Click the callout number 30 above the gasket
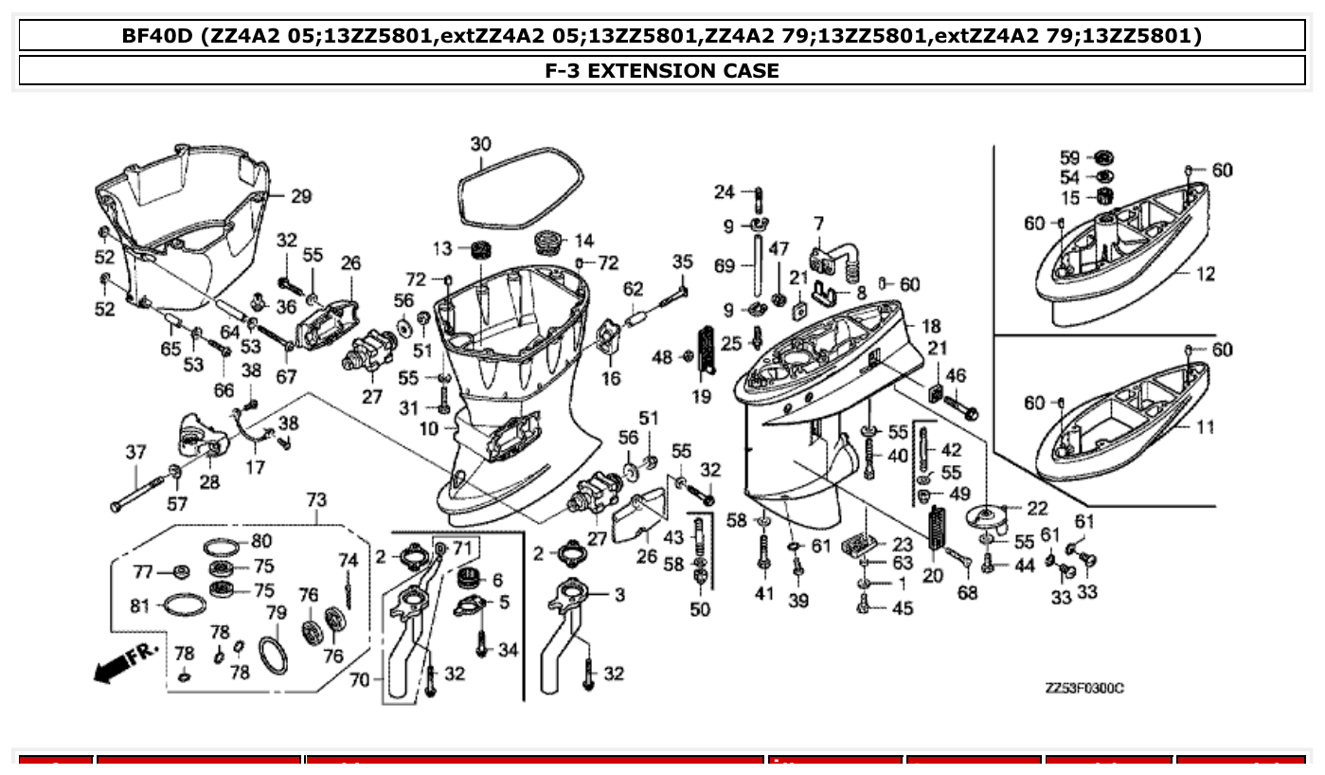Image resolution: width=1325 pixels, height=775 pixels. (481, 144)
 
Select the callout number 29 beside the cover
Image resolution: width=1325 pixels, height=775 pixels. (300, 197)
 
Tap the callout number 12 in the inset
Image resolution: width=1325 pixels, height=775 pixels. (1205, 275)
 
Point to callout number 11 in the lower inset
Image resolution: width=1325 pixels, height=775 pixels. (1204, 427)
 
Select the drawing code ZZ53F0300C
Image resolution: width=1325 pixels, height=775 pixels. (1083, 689)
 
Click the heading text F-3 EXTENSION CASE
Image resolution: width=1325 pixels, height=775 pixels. (662, 70)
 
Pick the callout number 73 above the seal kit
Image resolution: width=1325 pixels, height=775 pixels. (316, 499)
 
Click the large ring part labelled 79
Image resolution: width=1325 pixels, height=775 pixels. (273, 654)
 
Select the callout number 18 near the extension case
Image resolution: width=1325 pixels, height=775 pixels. (931, 325)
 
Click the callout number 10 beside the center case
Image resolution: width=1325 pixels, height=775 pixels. (429, 428)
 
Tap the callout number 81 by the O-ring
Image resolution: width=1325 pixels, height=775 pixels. (140, 605)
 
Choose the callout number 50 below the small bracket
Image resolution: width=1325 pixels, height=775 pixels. (699, 609)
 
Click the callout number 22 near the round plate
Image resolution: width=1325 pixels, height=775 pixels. (1037, 509)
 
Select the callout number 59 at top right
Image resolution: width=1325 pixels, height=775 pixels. (1069, 157)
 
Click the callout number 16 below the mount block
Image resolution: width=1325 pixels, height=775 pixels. (611, 379)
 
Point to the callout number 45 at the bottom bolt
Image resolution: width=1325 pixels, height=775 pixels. (903, 608)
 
